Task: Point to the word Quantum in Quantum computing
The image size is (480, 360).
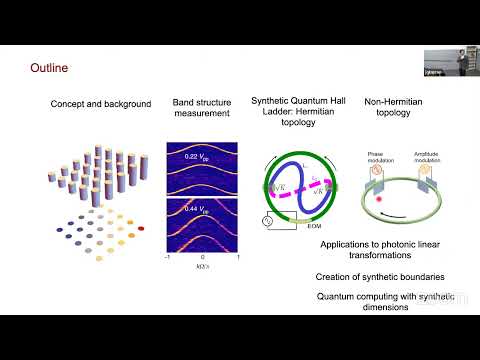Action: [336, 296]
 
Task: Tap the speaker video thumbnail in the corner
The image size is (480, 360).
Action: [450, 61]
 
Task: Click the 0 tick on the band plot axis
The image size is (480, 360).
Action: [202, 256]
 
